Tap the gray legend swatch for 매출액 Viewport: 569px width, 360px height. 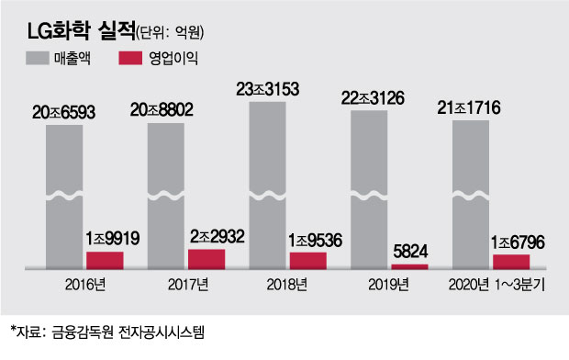point(45,59)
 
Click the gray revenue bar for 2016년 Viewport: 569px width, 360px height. point(69,193)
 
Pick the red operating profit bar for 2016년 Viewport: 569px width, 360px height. point(105,258)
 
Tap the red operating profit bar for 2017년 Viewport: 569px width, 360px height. point(206,257)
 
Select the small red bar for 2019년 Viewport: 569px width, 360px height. point(408,265)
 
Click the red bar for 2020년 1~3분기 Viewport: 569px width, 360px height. point(510,261)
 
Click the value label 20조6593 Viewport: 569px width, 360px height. point(69,112)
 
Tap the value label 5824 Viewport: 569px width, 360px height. point(409,250)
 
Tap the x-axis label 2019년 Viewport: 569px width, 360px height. point(389,284)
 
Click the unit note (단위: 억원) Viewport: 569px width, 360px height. point(170,33)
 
